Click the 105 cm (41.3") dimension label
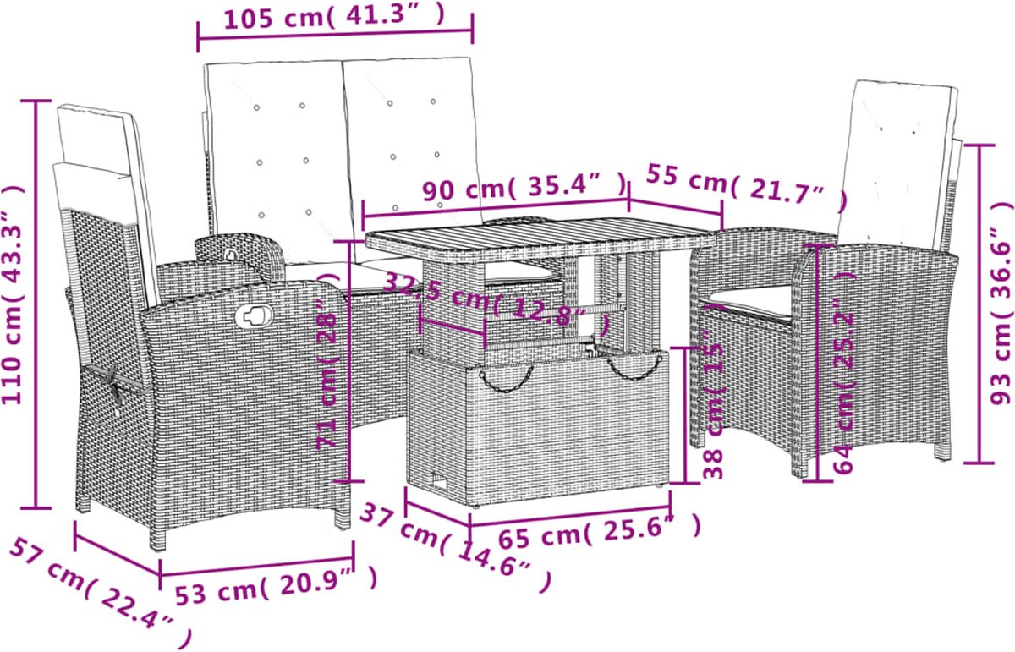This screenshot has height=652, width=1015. [x=335, y=18]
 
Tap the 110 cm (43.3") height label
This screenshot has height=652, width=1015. [x=13, y=294]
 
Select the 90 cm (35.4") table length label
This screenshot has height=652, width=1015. [x=524, y=186]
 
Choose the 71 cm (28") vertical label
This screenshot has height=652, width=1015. [x=328, y=360]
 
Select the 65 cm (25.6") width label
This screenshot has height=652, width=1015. [x=600, y=533]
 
